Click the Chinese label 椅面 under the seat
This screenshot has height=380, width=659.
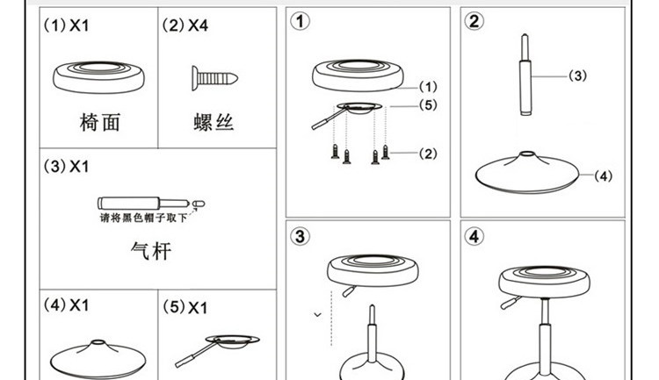[98, 122]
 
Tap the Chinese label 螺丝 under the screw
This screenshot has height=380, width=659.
[214, 122]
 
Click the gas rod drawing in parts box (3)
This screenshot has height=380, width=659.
[150, 202]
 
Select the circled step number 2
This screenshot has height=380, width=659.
[474, 22]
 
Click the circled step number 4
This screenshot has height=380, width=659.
[474, 236]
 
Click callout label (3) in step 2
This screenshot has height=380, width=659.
[577, 75]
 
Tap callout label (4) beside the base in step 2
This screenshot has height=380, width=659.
[603, 176]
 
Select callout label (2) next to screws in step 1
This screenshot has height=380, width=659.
[427, 154]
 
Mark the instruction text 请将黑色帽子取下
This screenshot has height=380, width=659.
[142, 218]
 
